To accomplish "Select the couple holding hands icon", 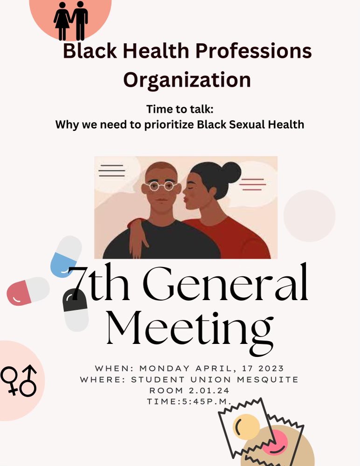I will pos(71,21).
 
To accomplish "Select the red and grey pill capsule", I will pos(28,291).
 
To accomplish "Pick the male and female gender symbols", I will pos(20,380).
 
